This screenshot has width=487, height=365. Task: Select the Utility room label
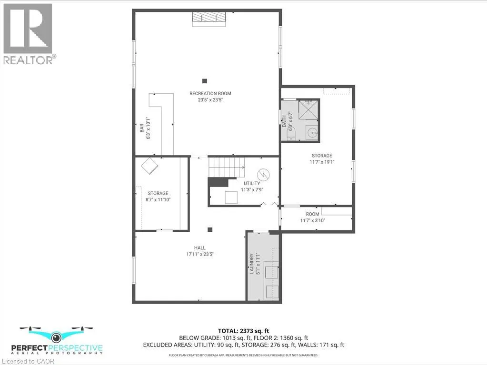[253, 186]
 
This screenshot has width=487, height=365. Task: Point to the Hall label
[200, 251]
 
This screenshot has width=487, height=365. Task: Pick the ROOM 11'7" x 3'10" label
[312, 217]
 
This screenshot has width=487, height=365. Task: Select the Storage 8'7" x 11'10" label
[158, 197]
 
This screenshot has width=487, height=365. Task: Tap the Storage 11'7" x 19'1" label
[322, 158]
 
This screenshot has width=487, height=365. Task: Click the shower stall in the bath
[308, 110]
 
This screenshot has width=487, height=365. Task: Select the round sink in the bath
[311, 133]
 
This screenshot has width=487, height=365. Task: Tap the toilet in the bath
[291, 134]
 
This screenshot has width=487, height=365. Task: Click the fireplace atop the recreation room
[209, 17]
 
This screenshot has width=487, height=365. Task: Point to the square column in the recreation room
[204, 81]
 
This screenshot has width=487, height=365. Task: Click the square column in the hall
[209, 230]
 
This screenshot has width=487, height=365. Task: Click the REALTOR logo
[29, 33]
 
